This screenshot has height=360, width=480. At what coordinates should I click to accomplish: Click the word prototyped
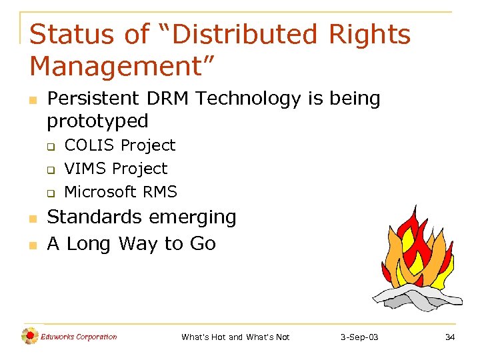(97, 121)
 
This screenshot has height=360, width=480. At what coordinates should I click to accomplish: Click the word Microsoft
(100, 192)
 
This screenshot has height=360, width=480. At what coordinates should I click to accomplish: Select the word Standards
(95, 217)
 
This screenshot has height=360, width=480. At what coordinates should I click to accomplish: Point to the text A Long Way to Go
(131, 244)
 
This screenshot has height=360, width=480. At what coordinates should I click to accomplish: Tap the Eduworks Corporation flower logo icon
(29, 337)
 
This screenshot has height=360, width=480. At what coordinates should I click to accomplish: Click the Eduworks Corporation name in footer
(79, 337)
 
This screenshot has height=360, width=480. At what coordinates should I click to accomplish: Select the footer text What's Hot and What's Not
(235, 337)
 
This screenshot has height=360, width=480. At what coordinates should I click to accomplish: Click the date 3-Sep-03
(359, 337)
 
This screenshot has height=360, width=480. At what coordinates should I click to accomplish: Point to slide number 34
(450, 337)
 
